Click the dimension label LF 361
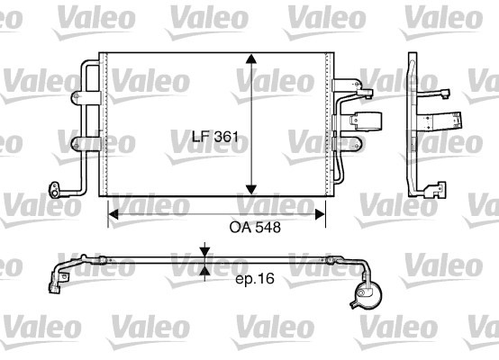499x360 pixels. pyautogui.click(x=215, y=137)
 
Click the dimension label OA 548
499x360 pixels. pyautogui.click(x=255, y=228)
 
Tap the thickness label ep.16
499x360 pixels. pyautogui.click(x=255, y=279)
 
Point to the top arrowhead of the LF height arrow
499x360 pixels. pyautogui.click(x=251, y=58)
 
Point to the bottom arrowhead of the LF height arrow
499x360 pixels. pyautogui.click(x=251, y=190)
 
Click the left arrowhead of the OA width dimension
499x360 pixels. pyautogui.click(x=113, y=214)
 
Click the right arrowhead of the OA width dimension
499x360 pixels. pyautogui.click(x=320, y=214)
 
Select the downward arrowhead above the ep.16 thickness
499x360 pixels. pyautogui.click(x=205, y=252)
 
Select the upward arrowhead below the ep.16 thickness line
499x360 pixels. pyautogui.click(x=205, y=270)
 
